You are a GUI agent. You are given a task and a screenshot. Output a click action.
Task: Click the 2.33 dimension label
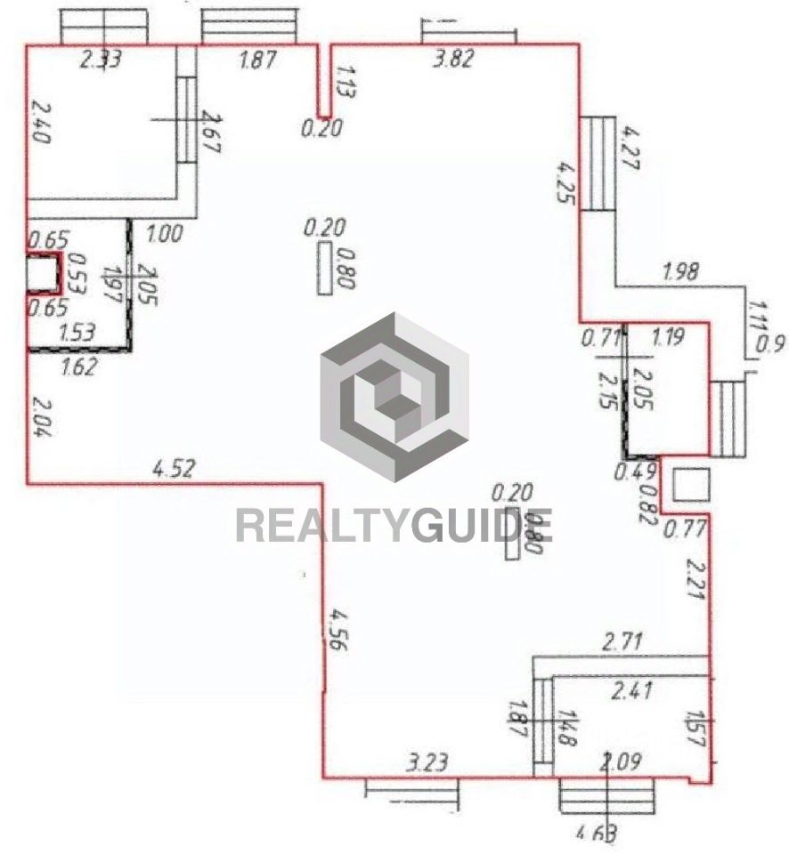(101, 60)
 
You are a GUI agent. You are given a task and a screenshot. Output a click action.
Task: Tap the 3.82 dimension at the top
(452, 60)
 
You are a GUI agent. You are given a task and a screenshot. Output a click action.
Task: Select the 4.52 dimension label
(174, 470)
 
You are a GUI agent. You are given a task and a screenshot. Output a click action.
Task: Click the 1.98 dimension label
(682, 270)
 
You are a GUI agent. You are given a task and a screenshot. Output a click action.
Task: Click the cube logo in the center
(394, 397)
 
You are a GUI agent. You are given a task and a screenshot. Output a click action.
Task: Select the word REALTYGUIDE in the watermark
(394, 525)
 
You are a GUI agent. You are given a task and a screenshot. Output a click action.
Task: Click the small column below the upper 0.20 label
(325, 267)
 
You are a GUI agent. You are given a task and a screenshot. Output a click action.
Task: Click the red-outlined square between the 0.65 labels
(41, 274)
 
